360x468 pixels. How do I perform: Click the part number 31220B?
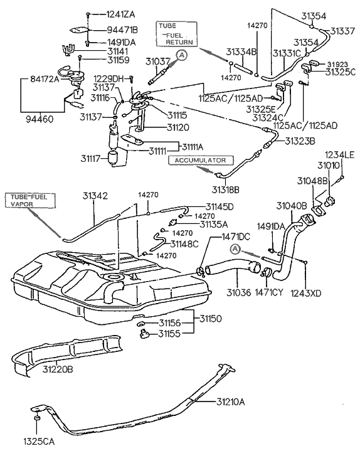(58, 370)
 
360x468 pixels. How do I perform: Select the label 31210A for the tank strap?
(230, 402)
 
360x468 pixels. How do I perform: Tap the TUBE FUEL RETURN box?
(176, 34)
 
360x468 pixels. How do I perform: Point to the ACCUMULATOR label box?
(201, 160)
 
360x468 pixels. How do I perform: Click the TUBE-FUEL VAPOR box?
(30, 200)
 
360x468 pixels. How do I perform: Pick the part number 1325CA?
(39, 442)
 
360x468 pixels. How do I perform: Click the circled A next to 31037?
(182, 55)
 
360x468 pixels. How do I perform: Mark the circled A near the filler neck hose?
(236, 248)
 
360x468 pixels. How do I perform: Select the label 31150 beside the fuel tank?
(211, 319)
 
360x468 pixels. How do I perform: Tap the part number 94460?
(40, 119)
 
